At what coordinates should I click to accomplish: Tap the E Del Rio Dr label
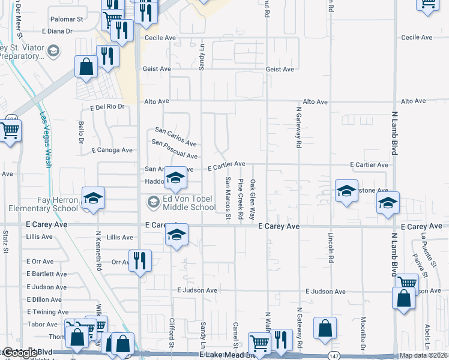[107, 107]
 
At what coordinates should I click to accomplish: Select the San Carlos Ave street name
[176, 137]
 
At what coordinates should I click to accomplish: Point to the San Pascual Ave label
[175, 149]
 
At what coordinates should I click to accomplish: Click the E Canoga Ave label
[112, 150]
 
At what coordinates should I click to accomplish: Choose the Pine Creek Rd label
[240, 198]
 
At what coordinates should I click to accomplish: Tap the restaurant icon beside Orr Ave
[139, 260]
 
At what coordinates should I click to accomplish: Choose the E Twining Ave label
[47, 312]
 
